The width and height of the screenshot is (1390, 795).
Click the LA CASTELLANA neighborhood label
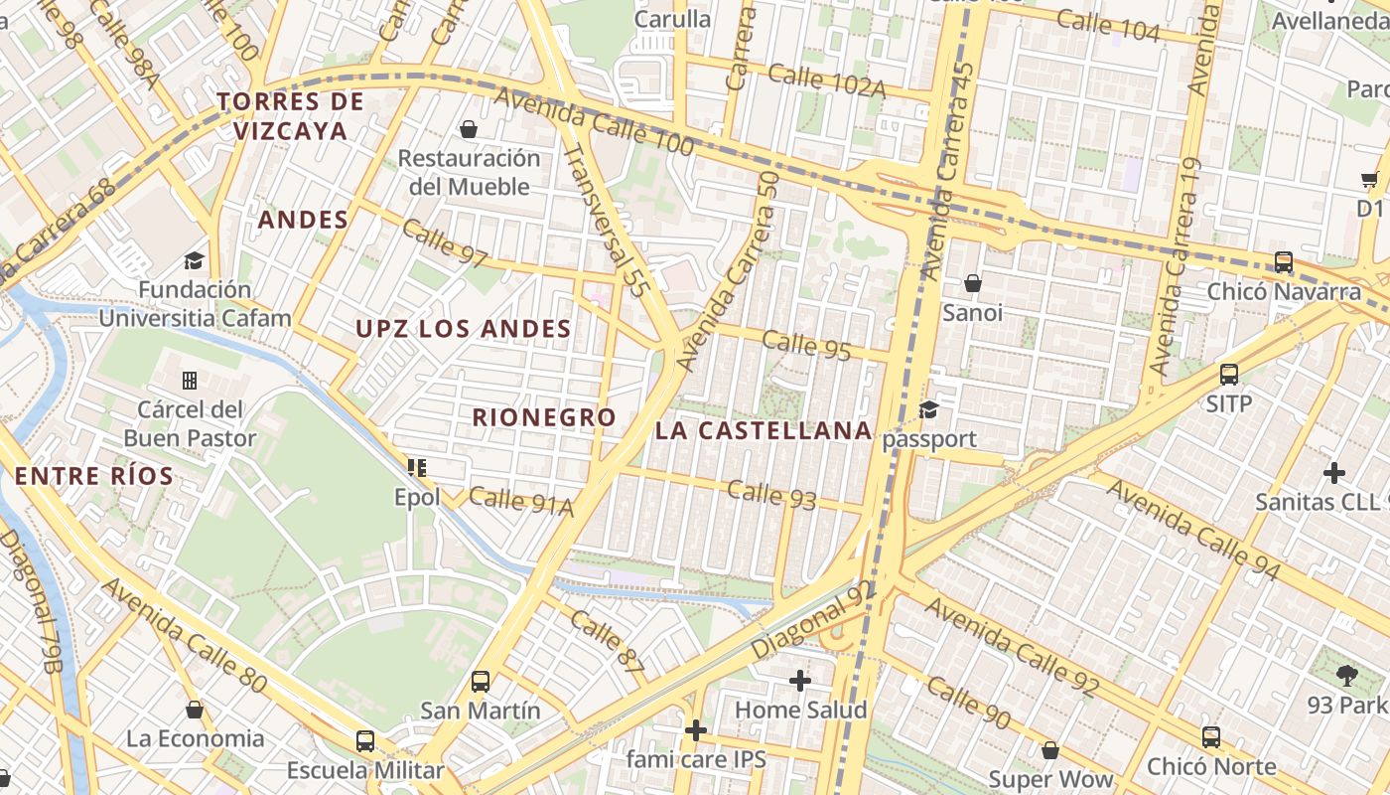pyautogui.click(x=764, y=430)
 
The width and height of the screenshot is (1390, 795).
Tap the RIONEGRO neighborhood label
pyautogui.click(x=544, y=417)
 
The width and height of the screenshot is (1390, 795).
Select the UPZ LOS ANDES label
pyautogui.click(x=464, y=329)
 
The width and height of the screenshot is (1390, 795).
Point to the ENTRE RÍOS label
pyautogui.click(x=94, y=476)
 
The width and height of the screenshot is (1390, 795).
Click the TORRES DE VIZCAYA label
pyautogui.click(x=290, y=116)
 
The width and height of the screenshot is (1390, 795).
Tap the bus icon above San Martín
pyautogui.click(x=481, y=682)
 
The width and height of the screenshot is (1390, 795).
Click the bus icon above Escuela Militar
pyautogui.click(x=365, y=741)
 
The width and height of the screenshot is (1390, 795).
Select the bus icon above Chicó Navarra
pyautogui.click(x=1284, y=262)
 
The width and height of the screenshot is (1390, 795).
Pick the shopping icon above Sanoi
pyautogui.click(x=973, y=284)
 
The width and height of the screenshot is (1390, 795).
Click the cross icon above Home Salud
pyautogui.click(x=800, y=681)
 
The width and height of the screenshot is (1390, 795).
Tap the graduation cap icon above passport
pyautogui.click(x=929, y=409)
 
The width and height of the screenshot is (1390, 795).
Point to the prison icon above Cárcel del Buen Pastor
pyautogui.click(x=190, y=381)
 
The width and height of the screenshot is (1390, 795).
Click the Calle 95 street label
pyautogui.click(x=807, y=344)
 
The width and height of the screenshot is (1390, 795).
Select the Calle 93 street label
pyautogui.click(x=771, y=494)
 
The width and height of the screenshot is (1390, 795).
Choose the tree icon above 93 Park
pyautogui.click(x=1347, y=677)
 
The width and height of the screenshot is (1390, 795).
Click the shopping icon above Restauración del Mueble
pyautogui.click(x=468, y=129)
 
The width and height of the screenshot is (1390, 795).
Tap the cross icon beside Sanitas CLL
pyautogui.click(x=1334, y=472)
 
